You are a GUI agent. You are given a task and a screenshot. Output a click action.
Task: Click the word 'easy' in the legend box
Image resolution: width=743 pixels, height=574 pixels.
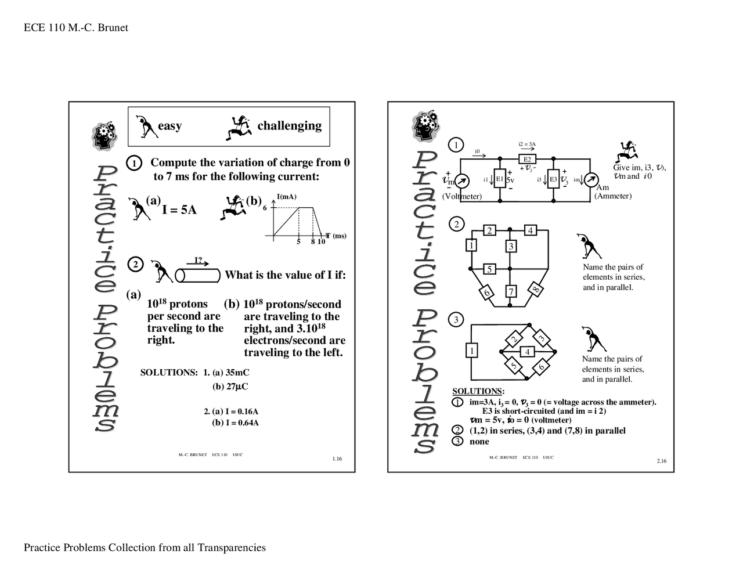(x=169, y=126)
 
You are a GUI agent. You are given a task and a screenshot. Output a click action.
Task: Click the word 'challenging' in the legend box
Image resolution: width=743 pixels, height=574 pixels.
(x=289, y=125)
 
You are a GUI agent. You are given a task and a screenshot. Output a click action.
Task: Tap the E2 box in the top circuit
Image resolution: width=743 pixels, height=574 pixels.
(x=527, y=159)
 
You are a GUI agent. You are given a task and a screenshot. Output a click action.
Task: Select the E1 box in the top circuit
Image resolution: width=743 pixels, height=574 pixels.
(x=499, y=179)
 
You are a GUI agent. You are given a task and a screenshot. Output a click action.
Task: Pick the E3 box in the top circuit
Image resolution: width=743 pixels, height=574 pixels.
(x=553, y=179)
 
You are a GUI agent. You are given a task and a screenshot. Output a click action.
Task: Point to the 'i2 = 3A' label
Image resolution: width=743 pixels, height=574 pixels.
(x=527, y=145)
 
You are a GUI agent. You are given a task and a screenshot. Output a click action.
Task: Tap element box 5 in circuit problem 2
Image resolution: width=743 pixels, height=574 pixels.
(x=489, y=269)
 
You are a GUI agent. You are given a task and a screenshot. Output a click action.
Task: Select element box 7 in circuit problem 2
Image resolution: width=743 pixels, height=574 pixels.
(x=511, y=291)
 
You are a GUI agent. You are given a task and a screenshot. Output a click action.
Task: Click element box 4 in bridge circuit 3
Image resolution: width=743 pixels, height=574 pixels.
(x=527, y=352)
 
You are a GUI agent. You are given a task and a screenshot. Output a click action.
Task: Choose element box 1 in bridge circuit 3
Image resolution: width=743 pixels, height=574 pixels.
(x=471, y=351)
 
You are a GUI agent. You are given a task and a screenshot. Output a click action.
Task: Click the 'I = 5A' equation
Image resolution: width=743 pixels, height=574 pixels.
(x=179, y=210)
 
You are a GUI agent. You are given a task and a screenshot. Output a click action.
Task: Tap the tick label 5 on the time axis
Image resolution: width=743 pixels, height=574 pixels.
(x=298, y=241)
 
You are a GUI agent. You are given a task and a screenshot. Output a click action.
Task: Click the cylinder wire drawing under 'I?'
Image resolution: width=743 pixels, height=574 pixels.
(x=197, y=275)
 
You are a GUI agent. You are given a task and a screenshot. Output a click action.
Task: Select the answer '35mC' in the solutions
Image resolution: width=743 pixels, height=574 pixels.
(x=237, y=373)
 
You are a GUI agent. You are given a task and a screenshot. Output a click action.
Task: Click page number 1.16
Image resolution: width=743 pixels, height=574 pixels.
(x=337, y=459)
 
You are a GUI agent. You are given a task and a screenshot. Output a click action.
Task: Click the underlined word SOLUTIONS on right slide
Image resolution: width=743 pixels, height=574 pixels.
(x=477, y=391)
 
